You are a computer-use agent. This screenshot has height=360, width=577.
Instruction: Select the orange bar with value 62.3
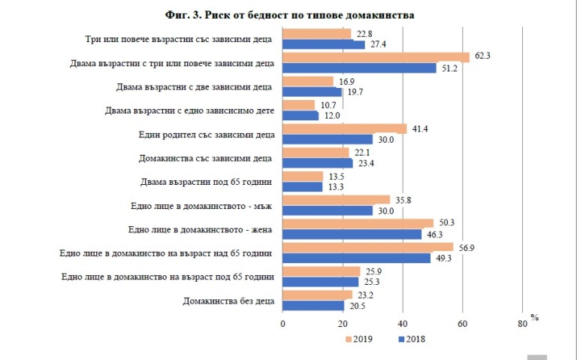(x=376, y=57)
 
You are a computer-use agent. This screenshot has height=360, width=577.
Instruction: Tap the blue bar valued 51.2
(x=359, y=68)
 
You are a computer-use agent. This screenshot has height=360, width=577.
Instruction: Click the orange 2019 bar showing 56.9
(x=367, y=247)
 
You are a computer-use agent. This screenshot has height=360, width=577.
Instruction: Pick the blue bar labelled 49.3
(x=356, y=259)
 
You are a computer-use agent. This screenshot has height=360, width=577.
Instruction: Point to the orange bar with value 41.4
(x=344, y=129)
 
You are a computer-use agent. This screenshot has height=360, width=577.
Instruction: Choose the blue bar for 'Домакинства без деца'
(x=313, y=306)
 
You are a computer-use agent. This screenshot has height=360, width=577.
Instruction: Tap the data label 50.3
(x=446, y=222)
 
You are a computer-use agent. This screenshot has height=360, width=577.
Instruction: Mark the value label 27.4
(x=377, y=45)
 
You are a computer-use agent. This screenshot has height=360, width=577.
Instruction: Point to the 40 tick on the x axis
(x=403, y=323)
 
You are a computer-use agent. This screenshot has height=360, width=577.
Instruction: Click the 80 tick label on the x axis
(x=522, y=323)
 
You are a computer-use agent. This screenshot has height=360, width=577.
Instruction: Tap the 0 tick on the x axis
(x=283, y=323)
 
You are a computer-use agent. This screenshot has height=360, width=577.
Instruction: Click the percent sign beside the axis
(x=535, y=317)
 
